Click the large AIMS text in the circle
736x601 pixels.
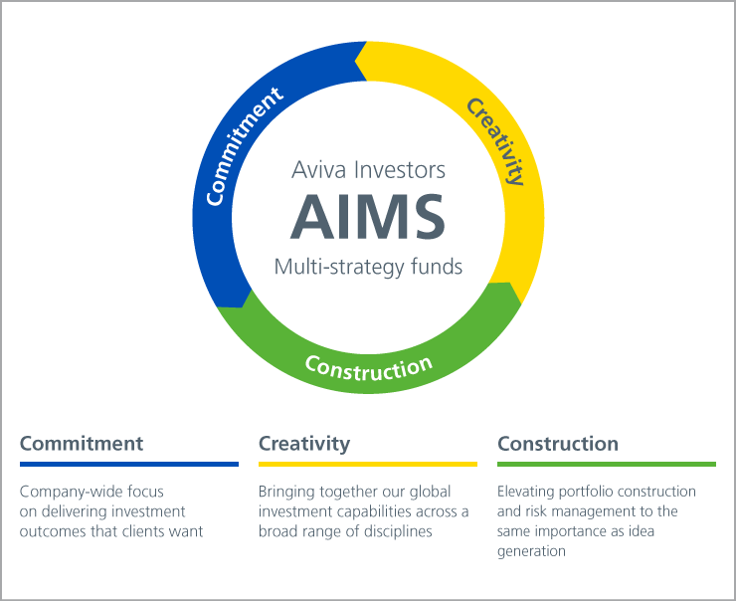click(368, 217)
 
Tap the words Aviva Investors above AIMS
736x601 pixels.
click(368, 169)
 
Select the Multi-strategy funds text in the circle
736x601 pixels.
click(368, 267)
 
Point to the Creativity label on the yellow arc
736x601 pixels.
click(495, 141)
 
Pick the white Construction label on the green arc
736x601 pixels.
click(368, 367)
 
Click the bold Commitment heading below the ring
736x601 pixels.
click(82, 444)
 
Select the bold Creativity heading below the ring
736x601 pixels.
click(304, 444)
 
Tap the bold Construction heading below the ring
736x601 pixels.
click(558, 444)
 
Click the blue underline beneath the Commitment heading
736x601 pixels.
click(129, 465)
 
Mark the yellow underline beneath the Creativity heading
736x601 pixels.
click(368, 465)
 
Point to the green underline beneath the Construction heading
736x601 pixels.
click(607, 465)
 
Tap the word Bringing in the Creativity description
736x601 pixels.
click(286, 493)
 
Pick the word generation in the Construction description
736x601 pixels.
click(531, 551)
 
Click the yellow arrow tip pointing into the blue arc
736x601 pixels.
click(355, 61)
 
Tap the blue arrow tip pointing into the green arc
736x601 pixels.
click(243, 307)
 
